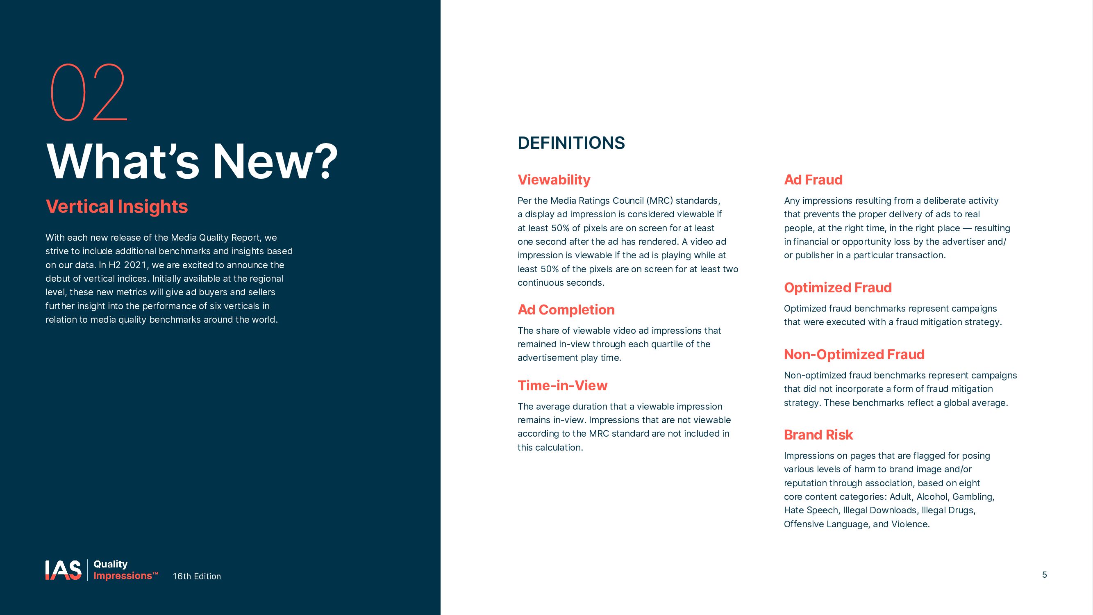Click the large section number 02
pos(89,92)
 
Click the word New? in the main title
pos(275,162)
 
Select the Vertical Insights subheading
pos(117,207)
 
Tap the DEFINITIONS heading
pos(571,143)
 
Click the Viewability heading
pos(554,180)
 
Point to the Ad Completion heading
pos(566,310)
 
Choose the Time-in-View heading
pos(562,385)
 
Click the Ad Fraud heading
pos(813,180)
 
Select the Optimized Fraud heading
pos(838,288)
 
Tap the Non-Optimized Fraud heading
pos(854,354)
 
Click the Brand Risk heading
pos(818,435)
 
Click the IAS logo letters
pos(63,570)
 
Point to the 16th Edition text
pos(196,576)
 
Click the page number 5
pos(1044,575)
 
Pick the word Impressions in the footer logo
pos(123,576)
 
